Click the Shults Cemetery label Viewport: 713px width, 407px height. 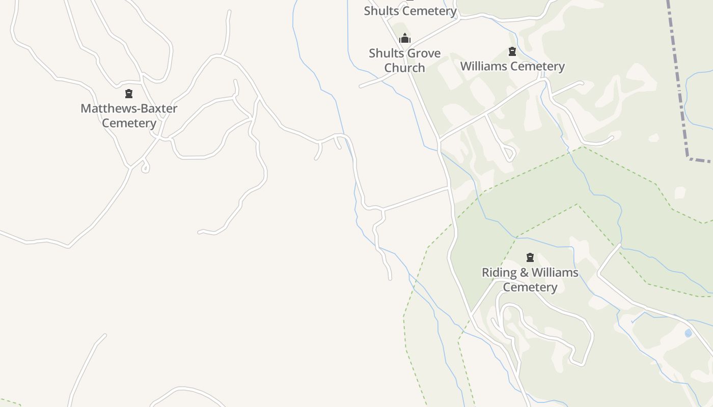[x=410, y=11]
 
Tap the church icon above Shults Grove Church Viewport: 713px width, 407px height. [x=405, y=39]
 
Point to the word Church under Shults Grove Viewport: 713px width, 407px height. [x=404, y=68]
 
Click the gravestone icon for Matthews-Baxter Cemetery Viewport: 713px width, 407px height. [x=129, y=94]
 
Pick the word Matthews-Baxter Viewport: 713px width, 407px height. [x=129, y=108]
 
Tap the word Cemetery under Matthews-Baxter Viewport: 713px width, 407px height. [x=129, y=123]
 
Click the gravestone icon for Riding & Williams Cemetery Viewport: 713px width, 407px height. [x=530, y=257]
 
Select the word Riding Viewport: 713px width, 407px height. [x=499, y=273]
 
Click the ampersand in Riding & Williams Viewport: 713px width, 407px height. [x=524, y=273]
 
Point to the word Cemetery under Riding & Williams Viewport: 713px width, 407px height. [x=530, y=287]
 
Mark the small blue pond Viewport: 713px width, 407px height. [x=688, y=333]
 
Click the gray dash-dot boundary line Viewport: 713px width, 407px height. [x=678, y=76]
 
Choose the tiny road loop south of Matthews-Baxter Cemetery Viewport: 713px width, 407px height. [x=146, y=167]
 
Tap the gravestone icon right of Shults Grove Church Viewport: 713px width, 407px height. [x=512, y=51]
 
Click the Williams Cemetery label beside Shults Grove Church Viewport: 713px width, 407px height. [x=512, y=67]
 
